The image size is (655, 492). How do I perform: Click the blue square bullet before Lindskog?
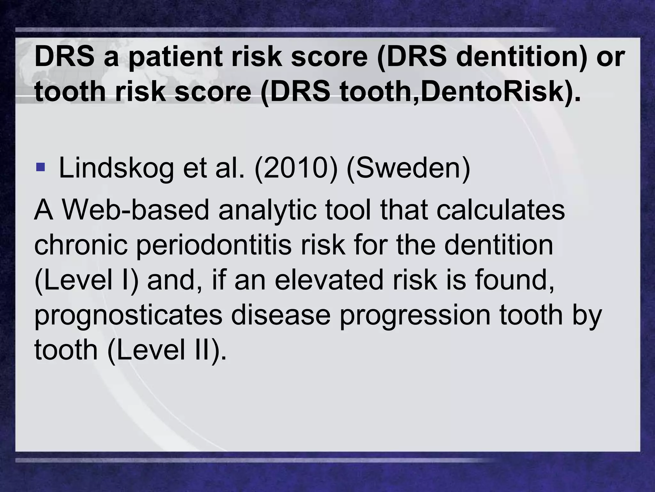(41, 167)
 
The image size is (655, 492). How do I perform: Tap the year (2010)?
(296, 168)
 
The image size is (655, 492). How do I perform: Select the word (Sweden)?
(408, 168)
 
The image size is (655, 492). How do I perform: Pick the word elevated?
(328, 280)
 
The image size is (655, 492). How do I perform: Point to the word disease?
(280, 315)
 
